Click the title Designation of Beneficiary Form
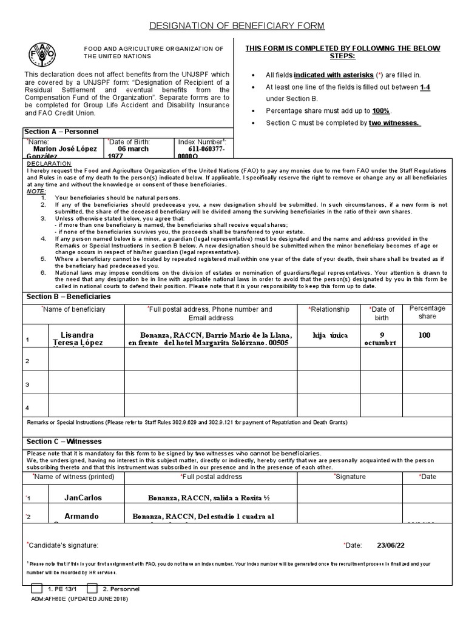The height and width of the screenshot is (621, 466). click(237, 25)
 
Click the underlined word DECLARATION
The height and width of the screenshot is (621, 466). click(49, 164)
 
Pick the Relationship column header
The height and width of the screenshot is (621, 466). click(329, 309)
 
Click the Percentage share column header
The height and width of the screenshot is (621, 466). click(427, 312)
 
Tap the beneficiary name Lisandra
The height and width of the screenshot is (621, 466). click(78, 335)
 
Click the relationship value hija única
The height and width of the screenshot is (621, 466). click(331, 335)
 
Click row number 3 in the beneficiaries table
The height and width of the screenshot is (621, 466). click(27, 384)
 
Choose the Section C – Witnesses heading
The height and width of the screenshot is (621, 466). click(63, 441)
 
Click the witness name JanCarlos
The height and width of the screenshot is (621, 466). click(83, 497)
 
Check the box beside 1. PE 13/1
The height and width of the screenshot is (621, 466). click(36, 589)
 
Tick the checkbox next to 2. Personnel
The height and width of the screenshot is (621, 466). click(92, 589)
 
